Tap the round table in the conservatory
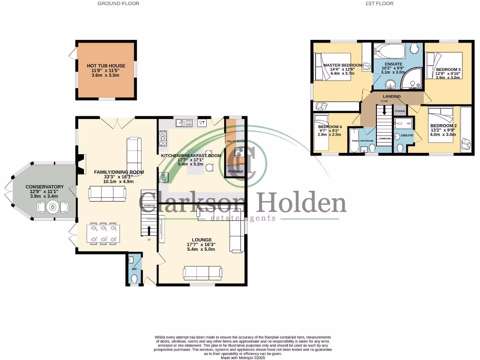tap(52, 207)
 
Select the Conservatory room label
tap(42, 187)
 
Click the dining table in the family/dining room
tap(104, 233)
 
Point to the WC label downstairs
tap(134, 269)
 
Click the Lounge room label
tap(201, 240)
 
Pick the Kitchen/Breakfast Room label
tap(191, 155)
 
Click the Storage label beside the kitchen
tap(235, 172)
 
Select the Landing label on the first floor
tap(391, 96)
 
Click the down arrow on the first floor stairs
tap(384, 110)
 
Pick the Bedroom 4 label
tap(330, 127)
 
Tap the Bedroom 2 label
tap(443, 126)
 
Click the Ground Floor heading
tap(118, 3)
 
